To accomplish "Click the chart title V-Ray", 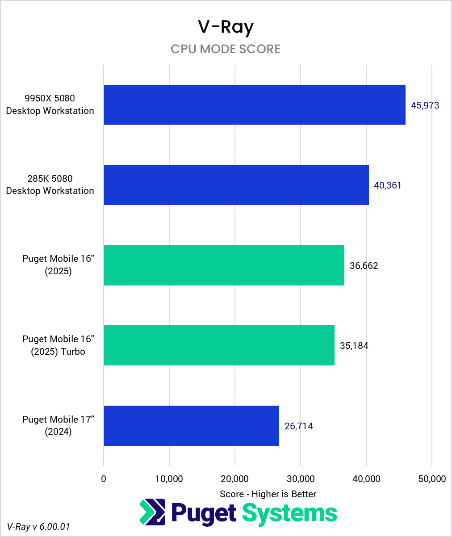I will (x=226, y=28).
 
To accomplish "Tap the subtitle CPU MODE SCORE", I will (x=226, y=49).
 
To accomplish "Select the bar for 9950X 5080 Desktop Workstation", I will (x=254, y=105).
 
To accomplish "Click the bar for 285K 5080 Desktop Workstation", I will (x=236, y=185).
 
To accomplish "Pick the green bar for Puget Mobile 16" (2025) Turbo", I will (x=219, y=345).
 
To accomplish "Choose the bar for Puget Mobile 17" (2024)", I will (x=191, y=426).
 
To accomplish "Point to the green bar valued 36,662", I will (x=224, y=265).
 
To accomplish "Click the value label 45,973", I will (x=425, y=106).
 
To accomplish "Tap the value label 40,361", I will (x=388, y=185).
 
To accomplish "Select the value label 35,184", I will (x=354, y=346).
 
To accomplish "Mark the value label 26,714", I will (x=299, y=426).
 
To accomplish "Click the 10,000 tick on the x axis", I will (x=169, y=479).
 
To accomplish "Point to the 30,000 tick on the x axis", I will (x=300, y=479).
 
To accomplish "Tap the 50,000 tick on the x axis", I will (x=431, y=479).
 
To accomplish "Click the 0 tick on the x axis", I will (x=104, y=479).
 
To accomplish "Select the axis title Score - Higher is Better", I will (x=268, y=494).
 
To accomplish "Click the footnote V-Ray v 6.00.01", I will (x=38, y=527).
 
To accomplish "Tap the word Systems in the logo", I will (x=289, y=513).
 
